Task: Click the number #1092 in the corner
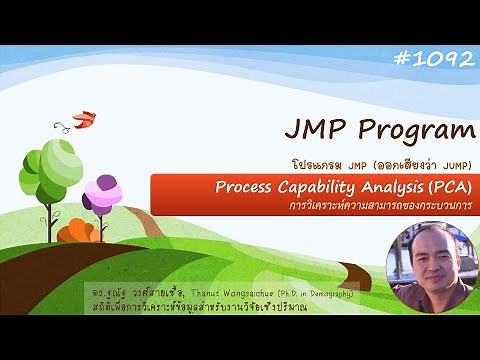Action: click(434, 59)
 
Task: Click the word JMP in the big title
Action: click(319, 130)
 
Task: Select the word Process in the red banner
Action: click(246, 185)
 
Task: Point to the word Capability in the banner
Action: click(318, 185)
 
